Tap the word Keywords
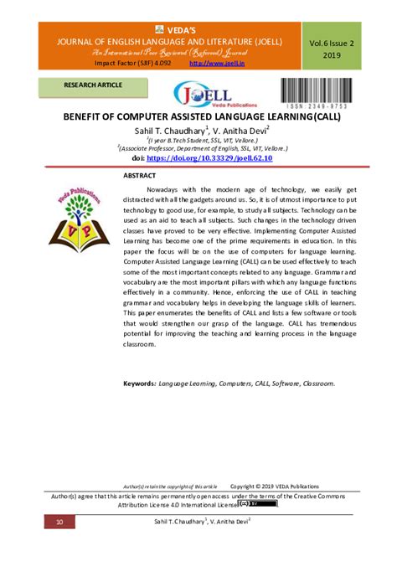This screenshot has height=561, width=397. [139, 383]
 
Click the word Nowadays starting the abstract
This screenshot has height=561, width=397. [178, 191]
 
